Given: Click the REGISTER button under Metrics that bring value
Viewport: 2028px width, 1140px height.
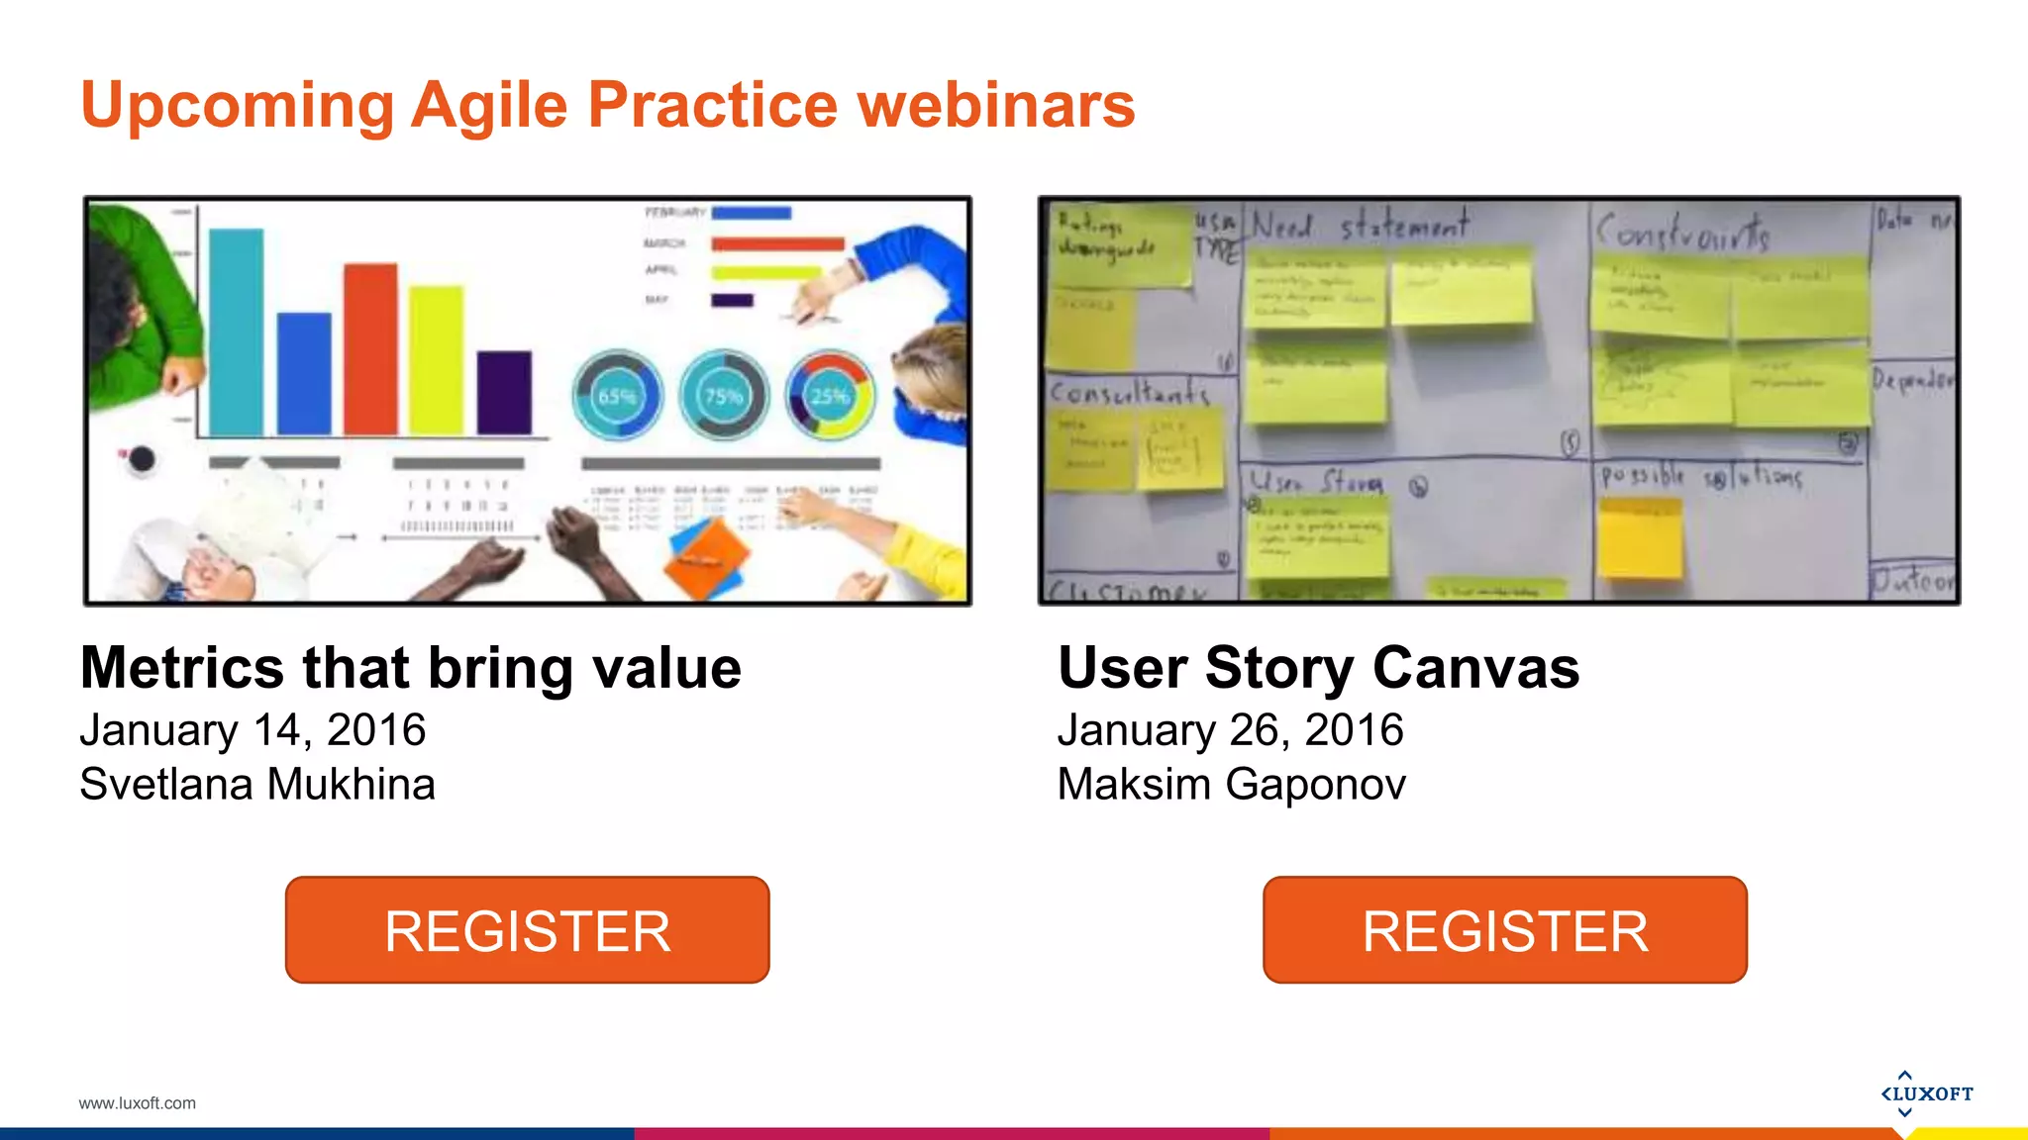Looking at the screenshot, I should coord(527,930).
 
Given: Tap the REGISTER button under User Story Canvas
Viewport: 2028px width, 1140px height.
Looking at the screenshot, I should coord(1504,930).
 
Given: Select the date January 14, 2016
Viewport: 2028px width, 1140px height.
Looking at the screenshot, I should coord(253,730).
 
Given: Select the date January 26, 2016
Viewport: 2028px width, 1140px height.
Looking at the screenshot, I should coord(1230,730).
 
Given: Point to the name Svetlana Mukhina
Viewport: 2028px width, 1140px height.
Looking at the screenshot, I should coord(257,785).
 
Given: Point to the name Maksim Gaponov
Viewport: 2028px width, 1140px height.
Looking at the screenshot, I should coord(1231,785).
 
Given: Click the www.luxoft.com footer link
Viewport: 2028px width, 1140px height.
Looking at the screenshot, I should coord(138,1103).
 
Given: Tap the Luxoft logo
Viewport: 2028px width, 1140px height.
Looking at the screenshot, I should coord(1926,1093).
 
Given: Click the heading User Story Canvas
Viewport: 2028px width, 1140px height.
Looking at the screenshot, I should coord(1318,668).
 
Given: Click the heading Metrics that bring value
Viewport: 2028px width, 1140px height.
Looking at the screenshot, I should coord(410,668).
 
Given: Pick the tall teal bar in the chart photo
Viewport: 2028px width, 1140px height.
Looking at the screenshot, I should coord(237,332).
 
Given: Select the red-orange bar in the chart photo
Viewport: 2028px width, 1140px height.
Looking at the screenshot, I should coord(370,348).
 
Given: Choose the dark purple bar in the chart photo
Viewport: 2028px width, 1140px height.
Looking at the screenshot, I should coord(504,392).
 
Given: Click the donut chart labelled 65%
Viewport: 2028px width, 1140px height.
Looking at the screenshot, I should coord(617,396).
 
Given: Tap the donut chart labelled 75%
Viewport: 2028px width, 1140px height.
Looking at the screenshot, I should coord(724,396).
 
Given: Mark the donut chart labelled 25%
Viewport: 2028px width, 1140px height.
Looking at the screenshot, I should coord(830,396).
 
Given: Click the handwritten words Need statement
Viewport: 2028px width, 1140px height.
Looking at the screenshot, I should coord(1360,227).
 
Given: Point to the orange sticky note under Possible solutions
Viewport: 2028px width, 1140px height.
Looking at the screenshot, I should coord(1640,539).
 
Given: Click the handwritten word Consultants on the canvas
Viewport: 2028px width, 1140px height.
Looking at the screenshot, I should coord(1129,393).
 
